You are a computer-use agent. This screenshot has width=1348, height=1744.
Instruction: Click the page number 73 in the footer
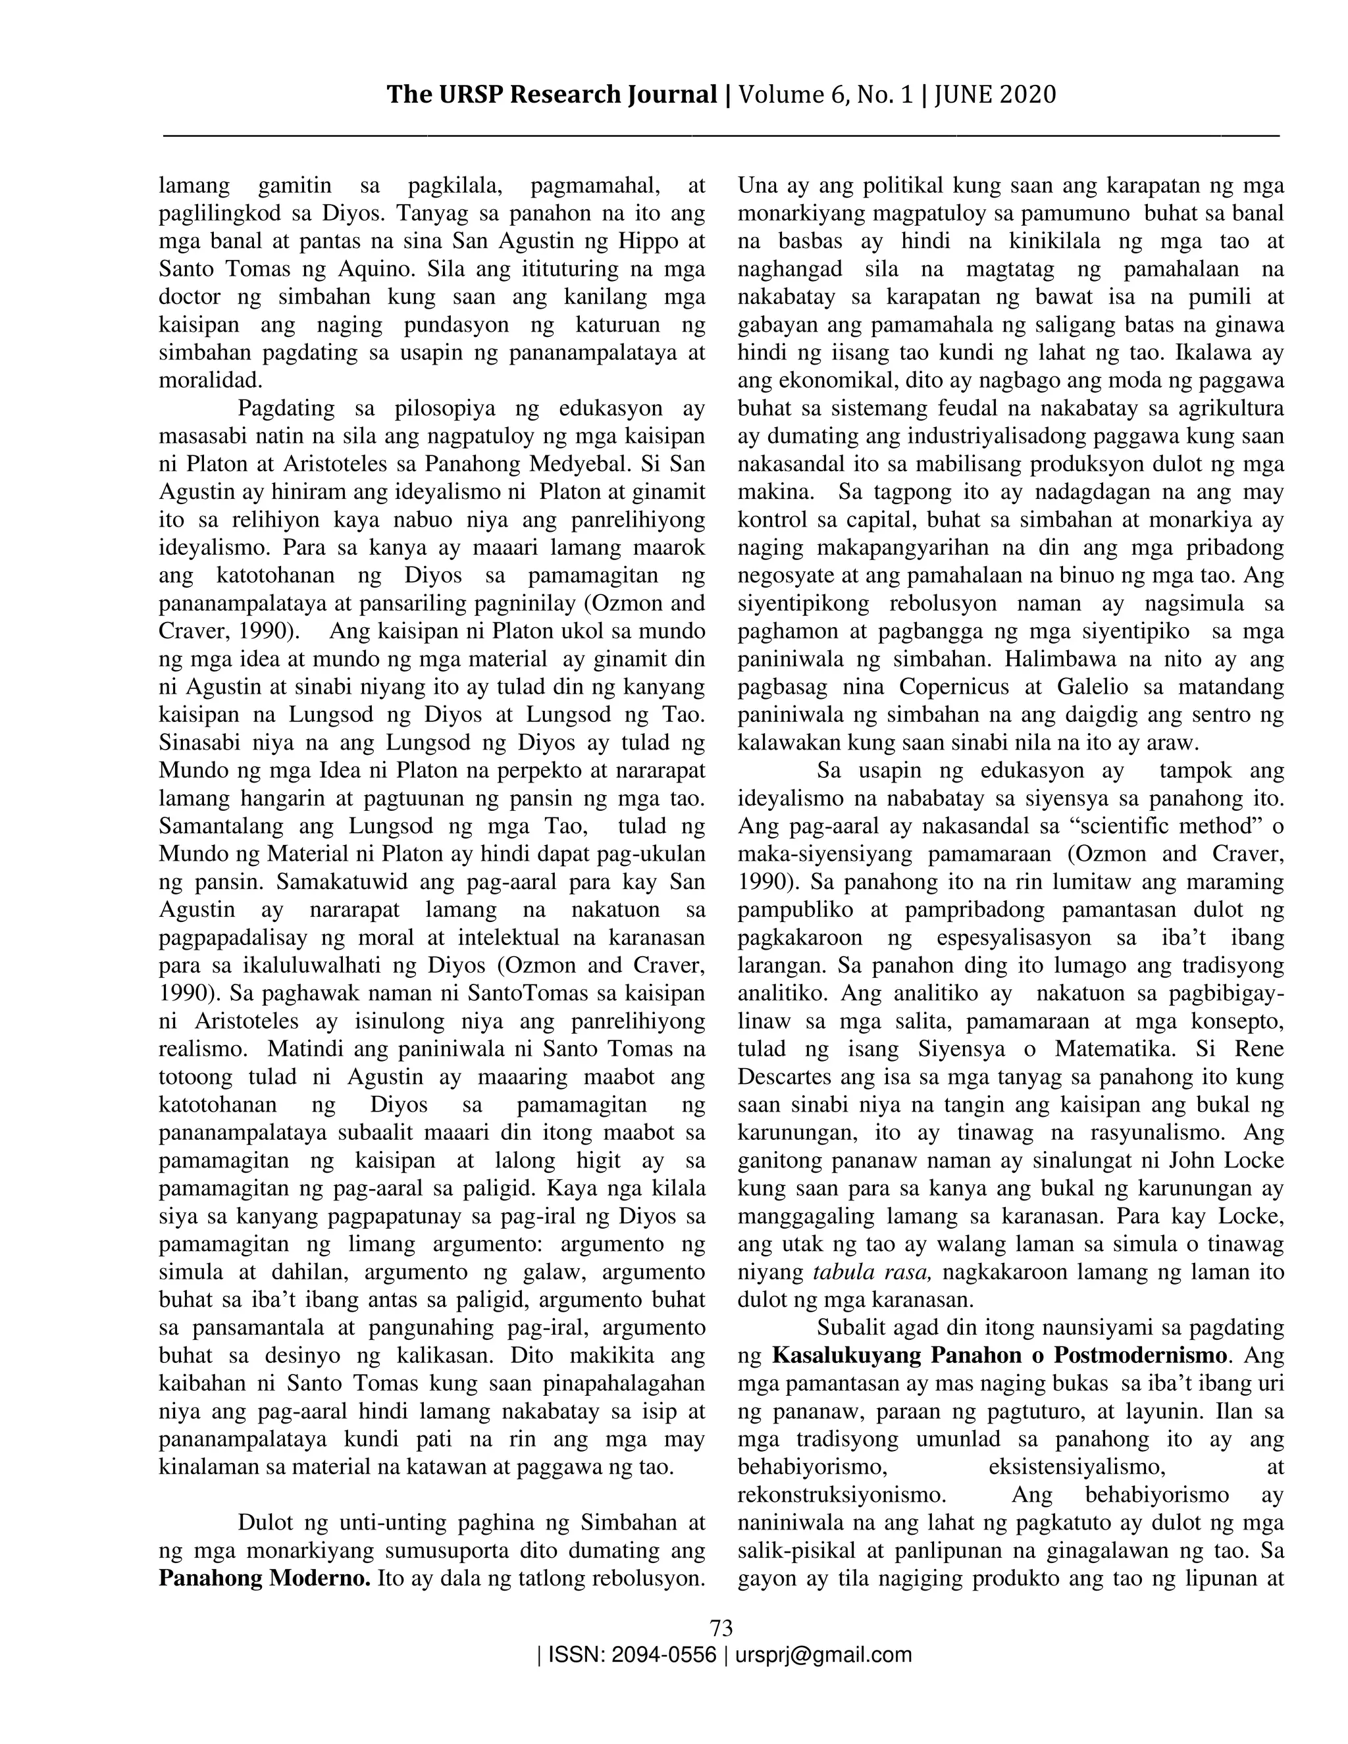point(721,1628)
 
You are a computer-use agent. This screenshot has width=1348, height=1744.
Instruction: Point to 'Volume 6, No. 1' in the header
point(826,95)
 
